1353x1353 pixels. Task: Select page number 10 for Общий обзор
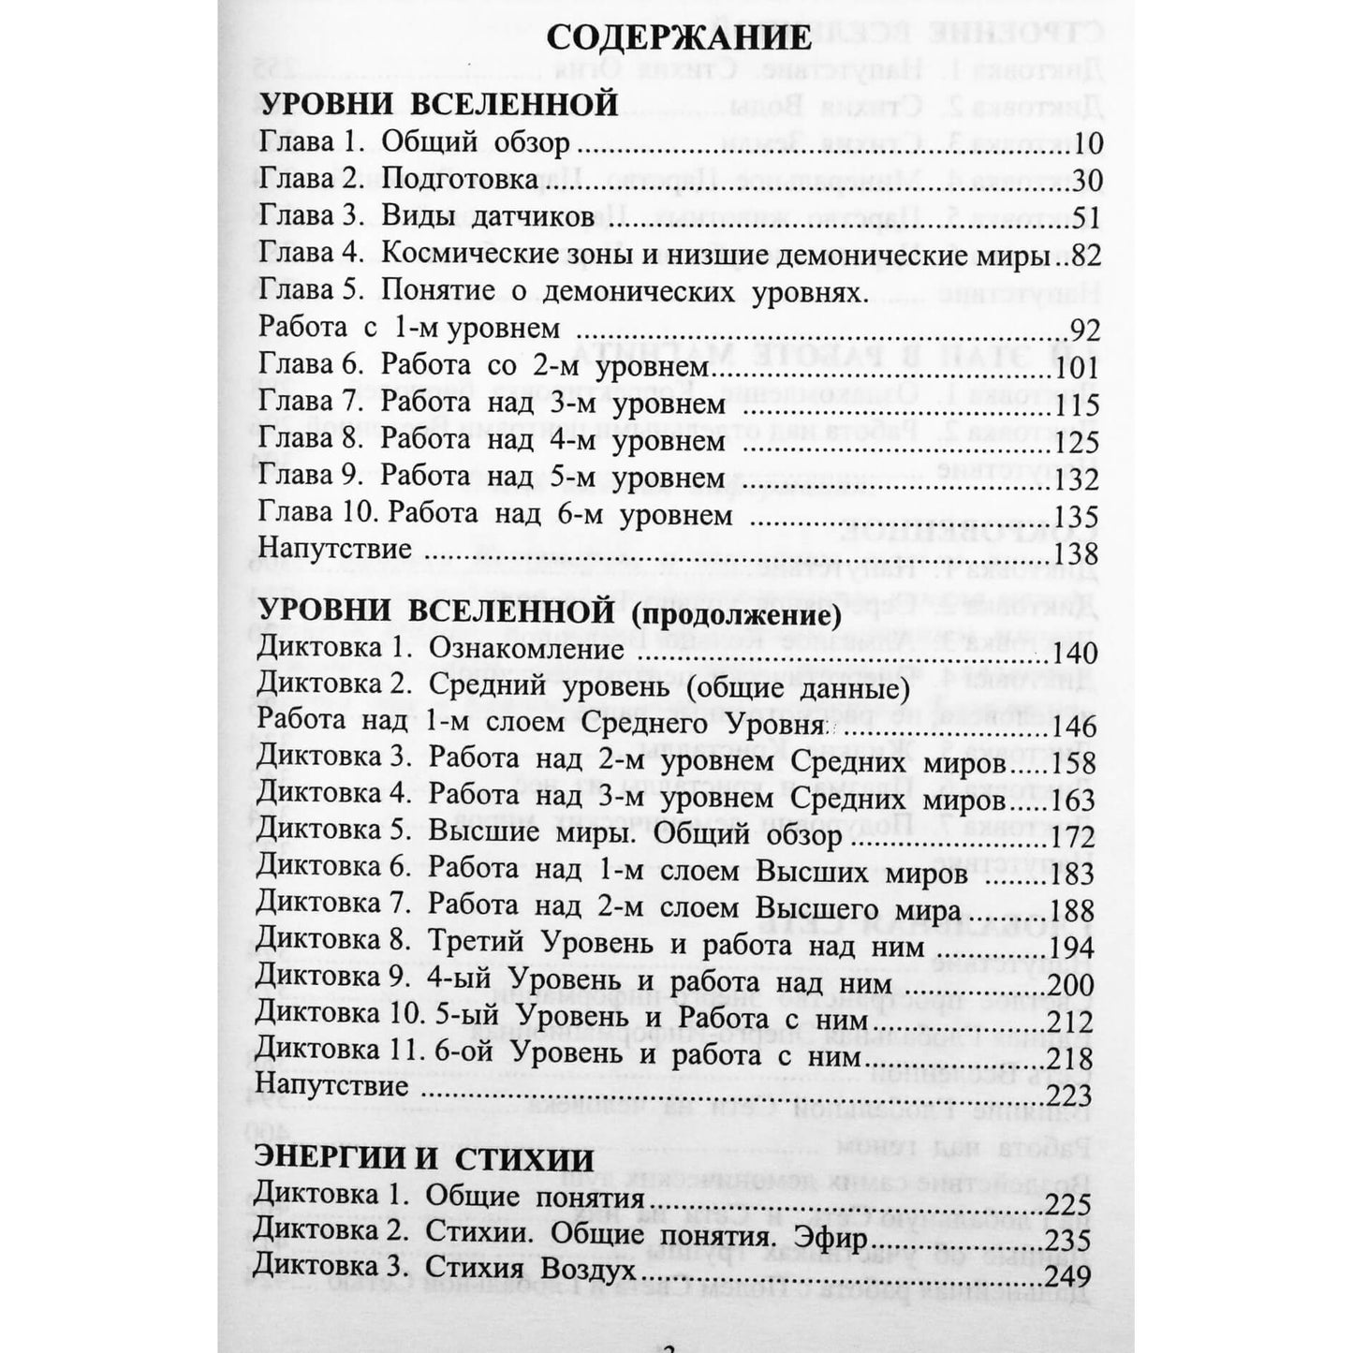(1085, 143)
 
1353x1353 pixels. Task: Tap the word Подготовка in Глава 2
(459, 181)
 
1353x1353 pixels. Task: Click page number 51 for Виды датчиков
(1085, 217)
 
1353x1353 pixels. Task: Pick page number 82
(1084, 255)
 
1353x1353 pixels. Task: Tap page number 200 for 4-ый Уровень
(1073, 984)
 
